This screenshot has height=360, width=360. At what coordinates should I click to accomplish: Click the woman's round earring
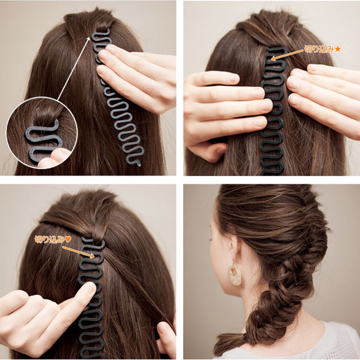pyautogui.click(x=234, y=274)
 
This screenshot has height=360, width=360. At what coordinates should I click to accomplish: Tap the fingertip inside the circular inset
pyautogui.click(x=59, y=157)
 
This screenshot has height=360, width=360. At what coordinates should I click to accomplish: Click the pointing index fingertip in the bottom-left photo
pyautogui.click(x=90, y=288)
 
